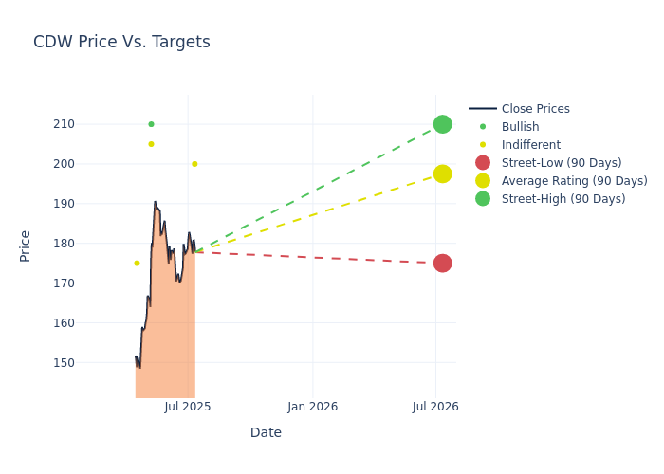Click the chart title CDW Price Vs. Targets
pyautogui.click(x=121, y=42)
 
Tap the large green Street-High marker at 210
pyautogui.click(x=442, y=124)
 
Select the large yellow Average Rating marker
pyautogui.click(x=442, y=173)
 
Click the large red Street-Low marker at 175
pyautogui.click(x=442, y=263)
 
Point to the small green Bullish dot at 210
pyautogui.click(x=151, y=124)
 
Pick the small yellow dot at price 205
pyautogui.click(x=151, y=144)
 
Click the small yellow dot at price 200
pyautogui.click(x=194, y=164)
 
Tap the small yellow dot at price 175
pyautogui.click(x=137, y=264)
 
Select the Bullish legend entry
pyautogui.click(x=520, y=127)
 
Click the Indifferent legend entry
pyautogui.click(x=530, y=145)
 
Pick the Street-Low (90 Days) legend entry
pyautogui.click(x=561, y=163)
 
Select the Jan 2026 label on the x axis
pyautogui.click(x=312, y=407)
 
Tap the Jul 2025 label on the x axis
pyautogui.click(x=188, y=407)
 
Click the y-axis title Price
pyautogui.click(x=26, y=246)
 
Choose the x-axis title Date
pyautogui.click(x=266, y=432)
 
